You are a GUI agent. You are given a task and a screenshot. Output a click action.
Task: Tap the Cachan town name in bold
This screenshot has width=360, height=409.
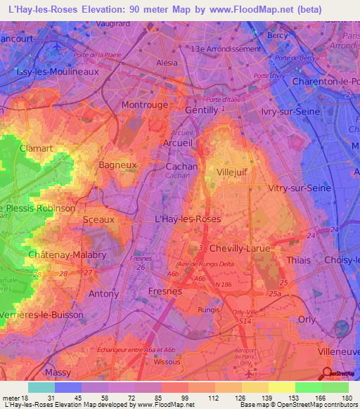point(181,167)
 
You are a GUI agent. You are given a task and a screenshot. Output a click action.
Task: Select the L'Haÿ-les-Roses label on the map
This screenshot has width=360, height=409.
point(187,219)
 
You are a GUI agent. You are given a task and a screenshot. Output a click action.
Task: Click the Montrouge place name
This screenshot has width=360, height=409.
point(145,105)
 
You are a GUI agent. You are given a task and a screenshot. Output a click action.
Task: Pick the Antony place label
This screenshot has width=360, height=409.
point(103,293)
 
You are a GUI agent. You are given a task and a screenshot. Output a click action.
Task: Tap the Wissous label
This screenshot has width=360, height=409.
point(166,363)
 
